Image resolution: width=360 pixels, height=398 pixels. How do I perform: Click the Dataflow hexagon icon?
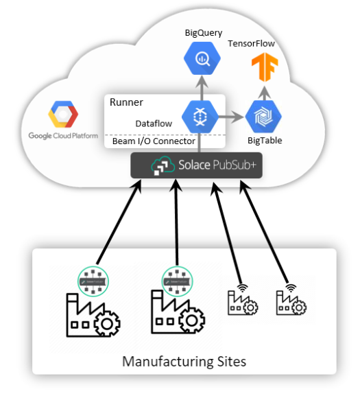click(x=200, y=116)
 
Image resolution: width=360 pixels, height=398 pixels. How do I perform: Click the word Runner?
click(x=126, y=103)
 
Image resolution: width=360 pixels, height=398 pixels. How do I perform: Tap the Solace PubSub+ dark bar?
click(x=197, y=165)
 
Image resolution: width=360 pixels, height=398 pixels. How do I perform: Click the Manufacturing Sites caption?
click(x=184, y=361)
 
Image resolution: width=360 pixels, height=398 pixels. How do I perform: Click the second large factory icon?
click(x=177, y=316)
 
